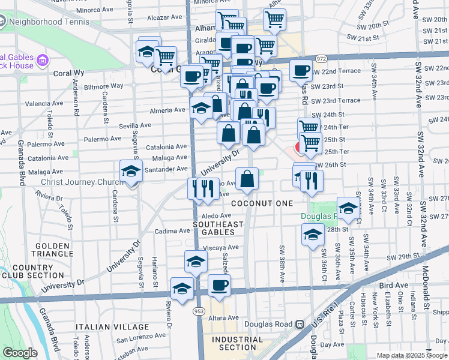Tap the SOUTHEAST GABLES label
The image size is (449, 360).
[218, 229]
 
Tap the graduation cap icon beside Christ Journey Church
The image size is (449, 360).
[131, 172]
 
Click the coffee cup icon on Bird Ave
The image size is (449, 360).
[219, 286]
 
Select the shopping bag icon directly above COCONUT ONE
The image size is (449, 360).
[247, 179]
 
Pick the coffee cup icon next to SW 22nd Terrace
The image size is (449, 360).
[300, 70]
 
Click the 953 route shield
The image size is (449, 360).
[198, 311]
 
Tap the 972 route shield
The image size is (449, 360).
[322, 59]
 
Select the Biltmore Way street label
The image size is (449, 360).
[103, 86]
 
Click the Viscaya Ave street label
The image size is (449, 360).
[221, 247]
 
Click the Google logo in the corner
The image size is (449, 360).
[20, 353]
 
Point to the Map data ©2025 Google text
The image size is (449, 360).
[412, 355]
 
